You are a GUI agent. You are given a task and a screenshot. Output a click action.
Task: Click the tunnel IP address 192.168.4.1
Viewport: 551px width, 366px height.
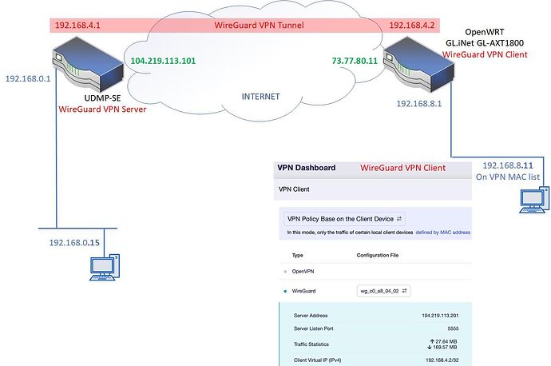tap(77, 26)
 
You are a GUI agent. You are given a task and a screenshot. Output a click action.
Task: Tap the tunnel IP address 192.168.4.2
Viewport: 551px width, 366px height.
tap(412, 26)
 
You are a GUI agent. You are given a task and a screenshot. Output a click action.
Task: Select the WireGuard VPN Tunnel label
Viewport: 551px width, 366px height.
tap(259, 26)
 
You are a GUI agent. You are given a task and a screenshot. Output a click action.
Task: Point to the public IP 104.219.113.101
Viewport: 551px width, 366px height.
tap(163, 61)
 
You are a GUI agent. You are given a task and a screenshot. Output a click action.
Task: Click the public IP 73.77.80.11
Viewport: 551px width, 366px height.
tap(355, 61)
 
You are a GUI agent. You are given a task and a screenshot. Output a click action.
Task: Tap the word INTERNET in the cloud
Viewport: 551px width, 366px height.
tap(261, 97)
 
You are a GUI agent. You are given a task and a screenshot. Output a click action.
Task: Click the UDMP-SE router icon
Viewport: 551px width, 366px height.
tap(88, 65)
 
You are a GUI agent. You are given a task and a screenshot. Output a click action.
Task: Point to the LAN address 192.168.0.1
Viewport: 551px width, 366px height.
tap(28, 78)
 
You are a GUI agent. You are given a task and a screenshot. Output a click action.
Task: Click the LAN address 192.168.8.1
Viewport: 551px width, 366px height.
tap(419, 104)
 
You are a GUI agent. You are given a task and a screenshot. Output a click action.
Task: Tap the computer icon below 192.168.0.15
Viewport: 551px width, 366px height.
tap(105, 267)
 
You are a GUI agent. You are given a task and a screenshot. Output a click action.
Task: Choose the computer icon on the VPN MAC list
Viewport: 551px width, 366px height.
tap(534, 200)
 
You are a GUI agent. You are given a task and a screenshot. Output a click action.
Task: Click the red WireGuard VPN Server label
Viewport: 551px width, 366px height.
tap(102, 109)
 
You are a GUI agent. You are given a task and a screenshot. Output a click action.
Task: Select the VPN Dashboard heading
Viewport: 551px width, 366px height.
tap(307, 168)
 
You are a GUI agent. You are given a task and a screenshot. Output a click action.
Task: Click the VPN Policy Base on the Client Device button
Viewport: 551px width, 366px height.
tap(344, 219)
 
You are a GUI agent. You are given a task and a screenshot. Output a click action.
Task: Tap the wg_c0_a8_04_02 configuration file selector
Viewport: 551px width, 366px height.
tap(383, 291)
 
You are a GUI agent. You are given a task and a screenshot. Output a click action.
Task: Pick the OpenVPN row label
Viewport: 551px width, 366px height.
tap(303, 272)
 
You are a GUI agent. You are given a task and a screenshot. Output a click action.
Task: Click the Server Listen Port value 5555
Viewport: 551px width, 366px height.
tap(453, 328)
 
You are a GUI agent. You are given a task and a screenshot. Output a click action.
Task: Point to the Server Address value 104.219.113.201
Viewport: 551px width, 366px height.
tap(440, 316)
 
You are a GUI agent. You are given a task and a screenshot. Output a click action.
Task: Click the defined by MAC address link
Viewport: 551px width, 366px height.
tap(442, 233)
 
